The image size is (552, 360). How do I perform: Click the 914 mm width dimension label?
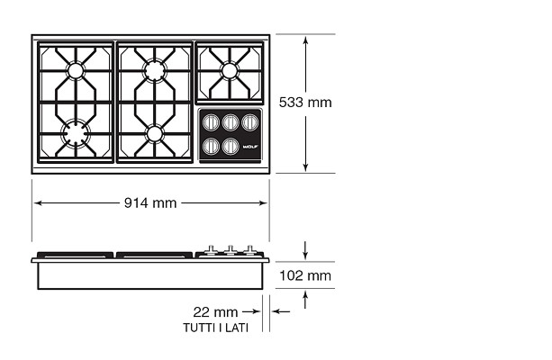150,203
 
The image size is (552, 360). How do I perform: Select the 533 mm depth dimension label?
305,103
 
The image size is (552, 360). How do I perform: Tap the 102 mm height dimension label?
305,275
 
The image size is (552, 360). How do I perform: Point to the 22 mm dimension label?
215,312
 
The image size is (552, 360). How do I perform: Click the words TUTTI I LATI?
216,328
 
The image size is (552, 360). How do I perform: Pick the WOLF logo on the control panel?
250,147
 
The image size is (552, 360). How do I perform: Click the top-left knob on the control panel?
211,122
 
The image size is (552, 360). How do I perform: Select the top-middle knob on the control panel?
231,122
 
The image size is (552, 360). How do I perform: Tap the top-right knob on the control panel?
250,122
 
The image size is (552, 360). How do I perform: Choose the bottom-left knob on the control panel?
211,146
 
